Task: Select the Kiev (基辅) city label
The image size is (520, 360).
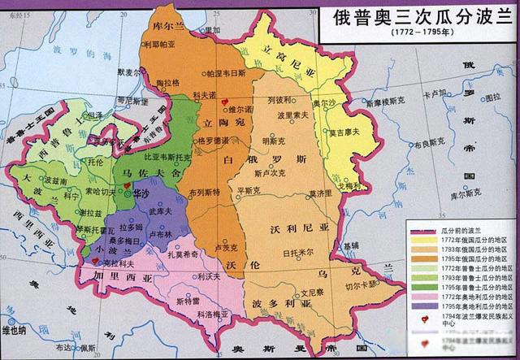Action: click(x=350, y=245)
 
